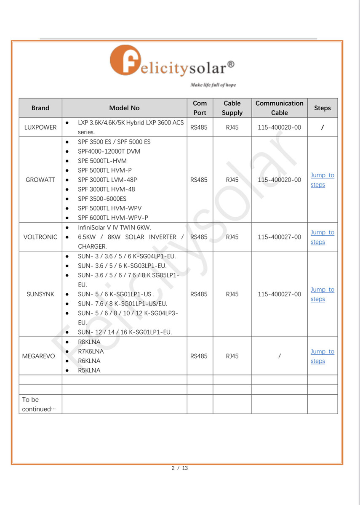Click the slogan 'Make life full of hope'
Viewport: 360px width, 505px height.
[x=213, y=85]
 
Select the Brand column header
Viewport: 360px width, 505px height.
[x=40, y=108]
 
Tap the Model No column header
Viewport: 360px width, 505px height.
[x=124, y=108]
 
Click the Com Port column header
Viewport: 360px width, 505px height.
[x=200, y=108]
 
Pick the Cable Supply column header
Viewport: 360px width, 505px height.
[x=232, y=108]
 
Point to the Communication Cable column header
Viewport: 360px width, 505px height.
[x=279, y=108]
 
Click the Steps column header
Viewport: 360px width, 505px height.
[x=322, y=108]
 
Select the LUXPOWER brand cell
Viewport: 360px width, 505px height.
[x=40, y=128]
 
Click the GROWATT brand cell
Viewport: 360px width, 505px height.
[x=40, y=180]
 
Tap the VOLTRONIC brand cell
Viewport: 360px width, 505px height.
[x=40, y=237]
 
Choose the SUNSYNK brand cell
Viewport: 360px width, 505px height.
[x=40, y=294]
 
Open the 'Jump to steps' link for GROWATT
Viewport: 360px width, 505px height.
[x=322, y=180]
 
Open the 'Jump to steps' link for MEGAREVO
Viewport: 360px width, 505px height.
[x=322, y=356]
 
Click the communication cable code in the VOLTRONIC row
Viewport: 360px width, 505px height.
[x=279, y=237]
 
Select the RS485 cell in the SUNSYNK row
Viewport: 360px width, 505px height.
[x=199, y=294]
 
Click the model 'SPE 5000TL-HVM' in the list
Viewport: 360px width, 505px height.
[x=102, y=161]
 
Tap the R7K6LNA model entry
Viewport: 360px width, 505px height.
[x=91, y=351]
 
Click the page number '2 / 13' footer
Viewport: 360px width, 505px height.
[x=180, y=468]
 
